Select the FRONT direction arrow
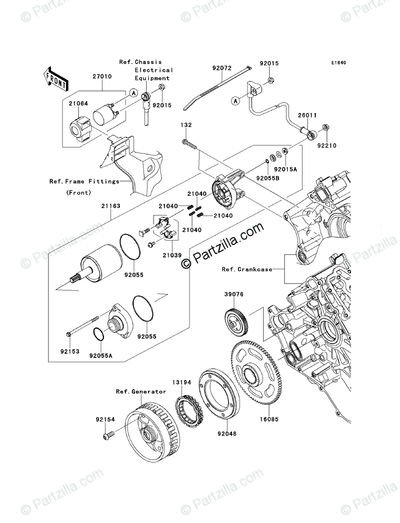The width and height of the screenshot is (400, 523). (56, 79)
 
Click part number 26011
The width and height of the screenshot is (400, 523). (307, 115)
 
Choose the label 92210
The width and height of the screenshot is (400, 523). (327, 146)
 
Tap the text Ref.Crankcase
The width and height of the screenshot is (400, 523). (247, 269)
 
